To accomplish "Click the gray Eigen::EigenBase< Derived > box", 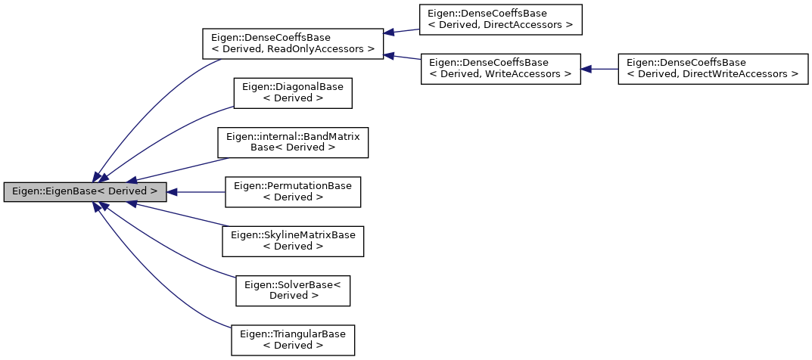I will coord(85,192).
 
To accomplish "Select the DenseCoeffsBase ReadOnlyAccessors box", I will coord(292,44).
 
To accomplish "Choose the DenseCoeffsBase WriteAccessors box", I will coord(500,68).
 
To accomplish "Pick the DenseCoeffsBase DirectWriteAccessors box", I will coord(713,68).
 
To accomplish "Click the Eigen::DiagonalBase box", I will coord(293,92).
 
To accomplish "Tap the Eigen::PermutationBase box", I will coord(293,191).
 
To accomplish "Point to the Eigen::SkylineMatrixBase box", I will coord(293,241).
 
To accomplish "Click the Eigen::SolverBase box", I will coord(293,290).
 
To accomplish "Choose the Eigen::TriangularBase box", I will coord(293,340).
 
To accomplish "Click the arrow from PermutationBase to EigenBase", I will coord(197,192).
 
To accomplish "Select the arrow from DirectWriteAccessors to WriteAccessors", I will coord(600,69).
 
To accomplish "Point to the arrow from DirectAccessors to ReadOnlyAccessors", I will coord(403,32).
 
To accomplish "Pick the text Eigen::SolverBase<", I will coord(293,284).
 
